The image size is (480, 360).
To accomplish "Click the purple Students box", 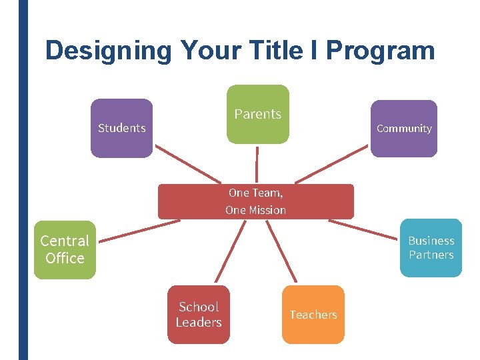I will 121,128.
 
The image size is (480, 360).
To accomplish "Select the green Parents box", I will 258,114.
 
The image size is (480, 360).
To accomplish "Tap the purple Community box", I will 404,128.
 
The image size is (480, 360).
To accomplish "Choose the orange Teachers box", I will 313,315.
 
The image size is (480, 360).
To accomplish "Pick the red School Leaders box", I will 199,315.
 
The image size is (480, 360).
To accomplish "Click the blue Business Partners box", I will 431,248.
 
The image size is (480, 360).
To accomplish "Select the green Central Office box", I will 65,249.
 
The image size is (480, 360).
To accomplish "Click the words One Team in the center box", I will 255,193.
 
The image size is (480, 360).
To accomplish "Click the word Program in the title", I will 380,51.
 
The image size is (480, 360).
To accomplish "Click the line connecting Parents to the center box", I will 257,163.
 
